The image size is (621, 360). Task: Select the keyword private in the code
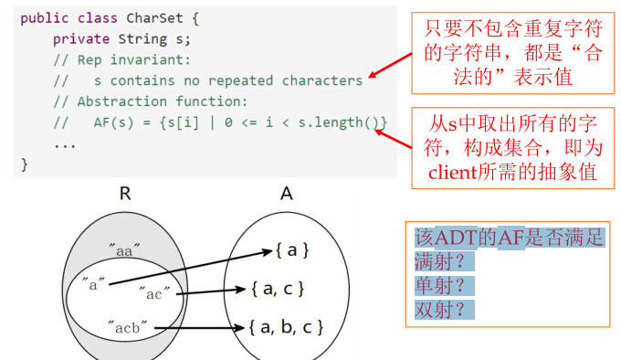(x=80, y=37)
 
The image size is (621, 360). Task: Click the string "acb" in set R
(x=126, y=325)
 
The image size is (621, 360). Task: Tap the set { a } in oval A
(x=291, y=249)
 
